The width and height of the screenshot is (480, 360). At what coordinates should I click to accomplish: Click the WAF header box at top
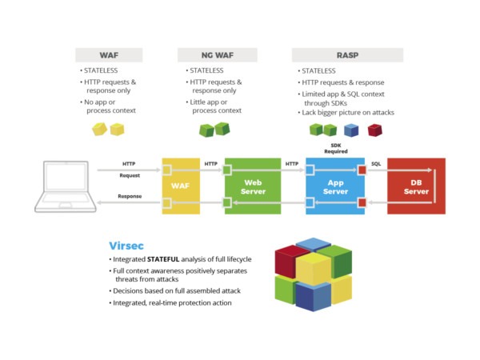[x=109, y=55]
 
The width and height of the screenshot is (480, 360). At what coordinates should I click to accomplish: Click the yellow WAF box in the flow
[x=180, y=186]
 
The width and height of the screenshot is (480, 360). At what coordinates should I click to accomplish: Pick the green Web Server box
[x=253, y=186]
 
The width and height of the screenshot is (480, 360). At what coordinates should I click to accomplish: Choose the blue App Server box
[x=335, y=186]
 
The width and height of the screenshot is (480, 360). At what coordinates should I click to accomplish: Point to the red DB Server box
[x=416, y=186]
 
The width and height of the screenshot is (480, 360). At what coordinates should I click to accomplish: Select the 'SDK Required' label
[x=335, y=147]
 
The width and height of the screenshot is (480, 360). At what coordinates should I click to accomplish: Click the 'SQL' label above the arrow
[x=376, y=163]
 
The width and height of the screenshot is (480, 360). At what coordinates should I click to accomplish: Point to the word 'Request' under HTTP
[x=130, y=175]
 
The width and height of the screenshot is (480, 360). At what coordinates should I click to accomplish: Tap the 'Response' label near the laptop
[x=130, y=196]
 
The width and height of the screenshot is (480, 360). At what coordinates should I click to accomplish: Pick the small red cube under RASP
[x=374, y=130]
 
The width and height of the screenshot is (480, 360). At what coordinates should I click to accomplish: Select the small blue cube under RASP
[x=350, y=130]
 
